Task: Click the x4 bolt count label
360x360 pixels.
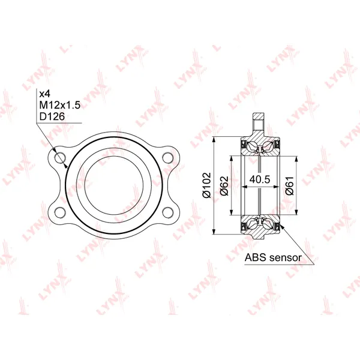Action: (x=44, y=94)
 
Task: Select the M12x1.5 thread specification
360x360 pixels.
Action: (x=59, y=105)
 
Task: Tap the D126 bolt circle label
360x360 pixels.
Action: (x=52, y=116)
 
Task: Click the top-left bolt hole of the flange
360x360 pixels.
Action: (x=60, y=158)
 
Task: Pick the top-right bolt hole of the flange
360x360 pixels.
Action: (x=167, y=158)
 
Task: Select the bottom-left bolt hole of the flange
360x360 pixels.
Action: (x=60, y=212)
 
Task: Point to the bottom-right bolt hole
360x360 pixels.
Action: (x=167, y=212)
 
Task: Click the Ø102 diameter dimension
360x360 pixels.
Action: (x=206, y=185)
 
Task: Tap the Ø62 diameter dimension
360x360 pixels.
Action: (x=224, y=186)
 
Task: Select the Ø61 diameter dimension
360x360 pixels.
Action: (x=290, y=186)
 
